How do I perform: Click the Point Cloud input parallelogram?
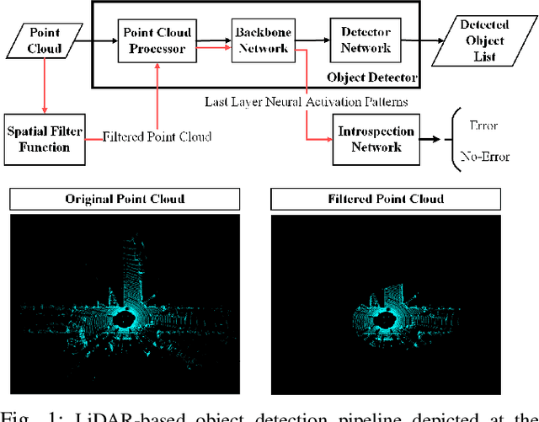[43, 40]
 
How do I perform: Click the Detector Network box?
[366, 39]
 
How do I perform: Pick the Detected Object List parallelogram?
[483, 40]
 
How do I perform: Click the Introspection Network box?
[376, 139]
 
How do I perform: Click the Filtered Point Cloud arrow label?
[157, 136]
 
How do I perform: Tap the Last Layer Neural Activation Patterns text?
[306, 102]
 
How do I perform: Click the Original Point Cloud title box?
[125, 200]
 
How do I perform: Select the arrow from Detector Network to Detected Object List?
[425, 39]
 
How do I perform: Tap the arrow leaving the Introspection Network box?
[430, 139]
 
